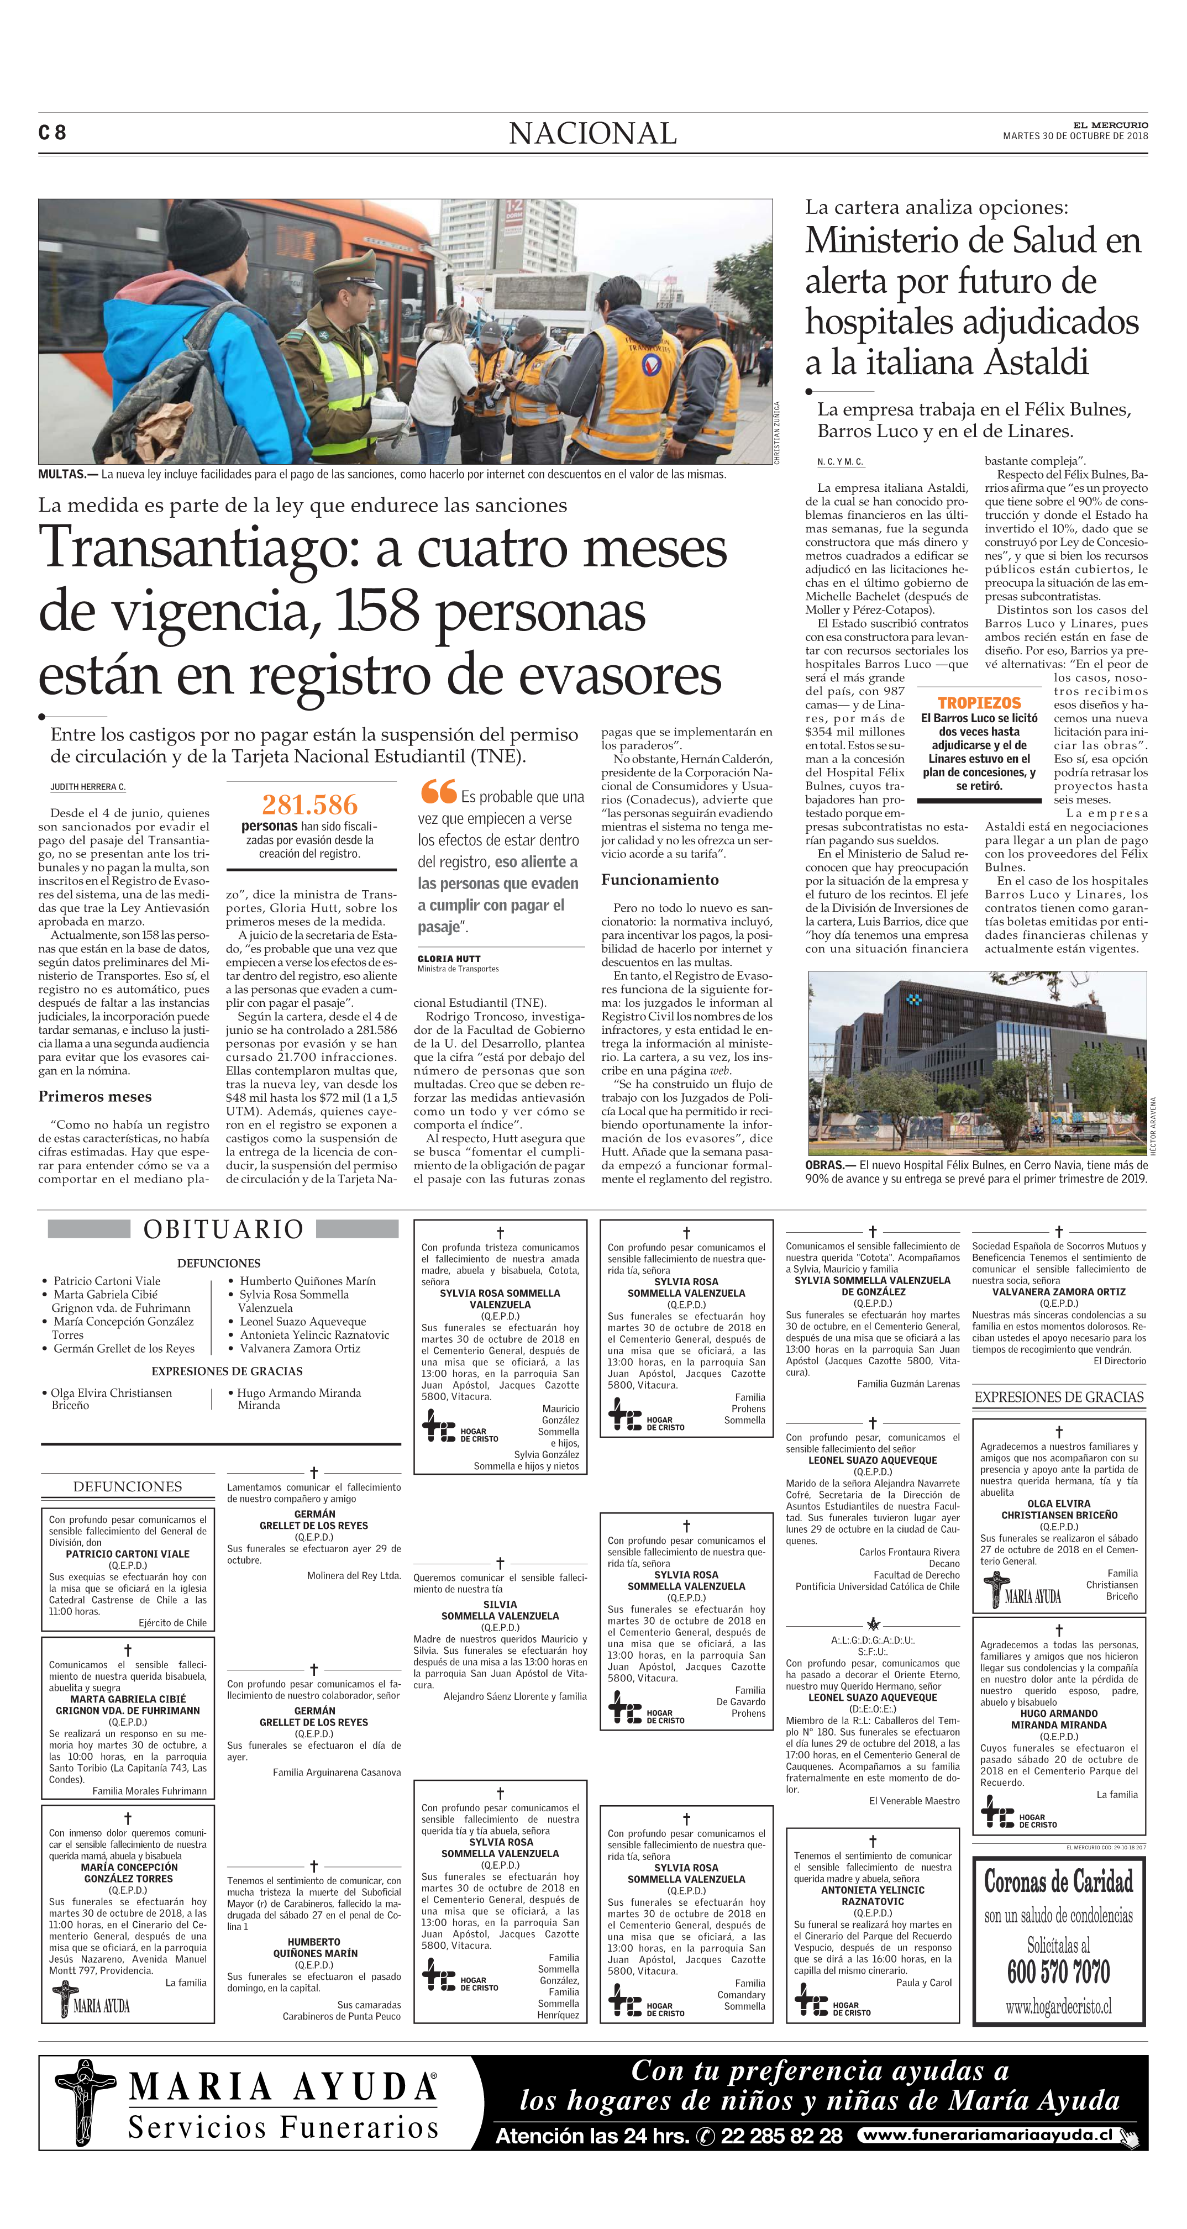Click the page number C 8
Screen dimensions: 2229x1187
click(52, 133)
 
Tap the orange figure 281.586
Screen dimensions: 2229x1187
click(309, 805)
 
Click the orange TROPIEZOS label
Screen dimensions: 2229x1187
click(979, 703)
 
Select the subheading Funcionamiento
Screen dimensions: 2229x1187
click(659, 880)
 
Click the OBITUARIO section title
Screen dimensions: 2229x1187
click(223, 1229)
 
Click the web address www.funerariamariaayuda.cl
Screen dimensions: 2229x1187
click(987, 2136)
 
